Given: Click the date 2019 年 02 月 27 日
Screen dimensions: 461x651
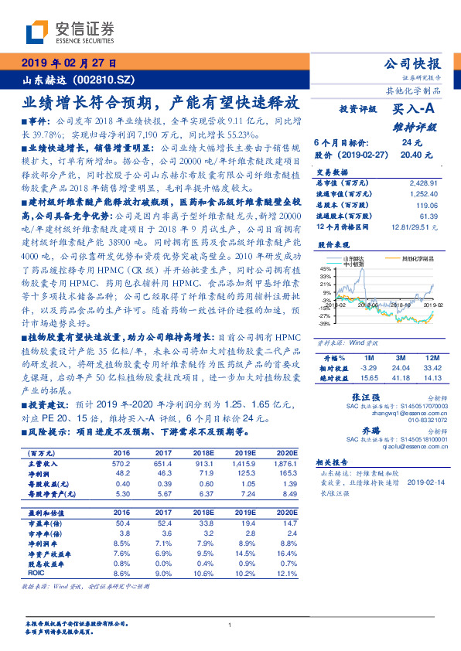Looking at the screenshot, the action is coord(69,63).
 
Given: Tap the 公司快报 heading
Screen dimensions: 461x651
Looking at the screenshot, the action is coord(412,63).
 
